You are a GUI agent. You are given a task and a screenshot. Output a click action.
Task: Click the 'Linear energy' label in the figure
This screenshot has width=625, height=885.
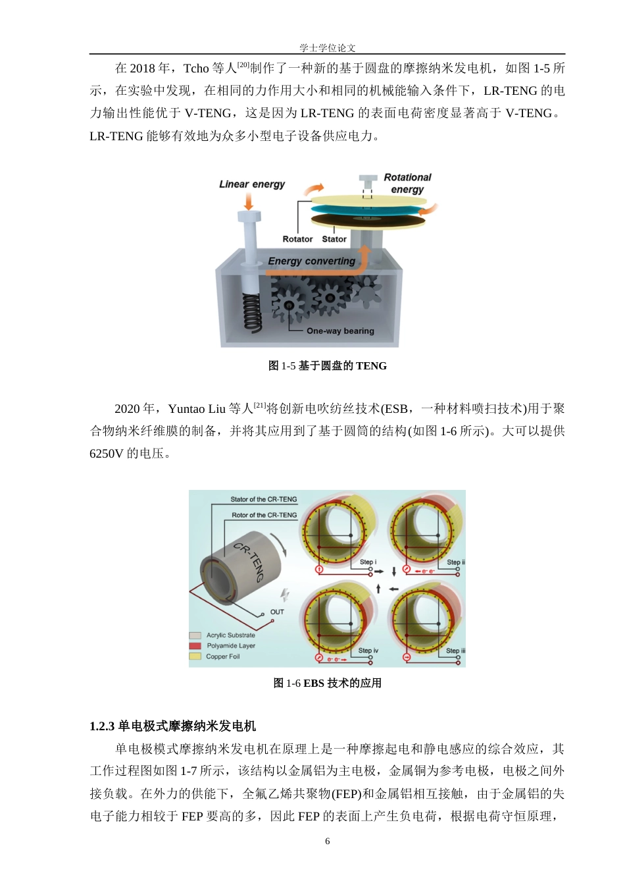(252, 184)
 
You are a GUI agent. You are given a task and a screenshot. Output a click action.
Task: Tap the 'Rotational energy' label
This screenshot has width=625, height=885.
(407, 183)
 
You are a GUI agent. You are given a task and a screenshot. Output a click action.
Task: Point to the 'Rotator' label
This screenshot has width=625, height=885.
(297, 239)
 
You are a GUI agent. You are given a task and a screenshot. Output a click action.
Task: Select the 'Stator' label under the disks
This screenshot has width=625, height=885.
(334, 239)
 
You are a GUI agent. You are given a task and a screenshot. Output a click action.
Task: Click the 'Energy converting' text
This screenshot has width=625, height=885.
(311, 261)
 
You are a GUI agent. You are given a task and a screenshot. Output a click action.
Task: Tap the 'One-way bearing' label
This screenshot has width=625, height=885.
(340, 331)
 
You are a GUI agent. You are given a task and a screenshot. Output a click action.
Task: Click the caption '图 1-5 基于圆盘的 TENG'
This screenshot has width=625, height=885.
(327, 366)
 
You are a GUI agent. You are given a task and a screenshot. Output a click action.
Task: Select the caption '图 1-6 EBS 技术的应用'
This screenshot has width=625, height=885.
(327, 684)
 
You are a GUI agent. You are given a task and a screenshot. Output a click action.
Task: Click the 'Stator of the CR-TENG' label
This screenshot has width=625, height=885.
(263, 500)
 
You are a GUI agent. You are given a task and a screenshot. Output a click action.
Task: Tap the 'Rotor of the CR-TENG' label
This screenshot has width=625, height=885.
(264, 516)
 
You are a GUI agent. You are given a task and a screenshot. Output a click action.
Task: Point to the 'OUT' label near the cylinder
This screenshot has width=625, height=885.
(278, 612)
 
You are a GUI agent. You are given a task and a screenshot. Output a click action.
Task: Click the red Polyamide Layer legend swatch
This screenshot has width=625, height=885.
(195, 646)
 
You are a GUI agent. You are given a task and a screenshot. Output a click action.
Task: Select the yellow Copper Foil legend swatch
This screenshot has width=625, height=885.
(195, 657)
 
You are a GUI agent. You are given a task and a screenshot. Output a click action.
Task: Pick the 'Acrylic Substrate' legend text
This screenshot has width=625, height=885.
(230, 635)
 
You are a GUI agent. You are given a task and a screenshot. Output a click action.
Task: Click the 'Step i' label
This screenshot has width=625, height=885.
(368, 562)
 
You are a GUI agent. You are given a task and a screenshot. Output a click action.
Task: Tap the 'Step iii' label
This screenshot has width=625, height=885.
(455, 651)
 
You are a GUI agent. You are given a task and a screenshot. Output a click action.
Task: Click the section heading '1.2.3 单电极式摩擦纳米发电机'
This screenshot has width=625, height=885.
(172, 726)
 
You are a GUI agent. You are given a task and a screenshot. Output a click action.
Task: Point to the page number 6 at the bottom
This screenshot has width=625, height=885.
(328, 842)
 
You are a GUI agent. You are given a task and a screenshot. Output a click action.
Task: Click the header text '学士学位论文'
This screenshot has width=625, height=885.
(327, 48)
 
